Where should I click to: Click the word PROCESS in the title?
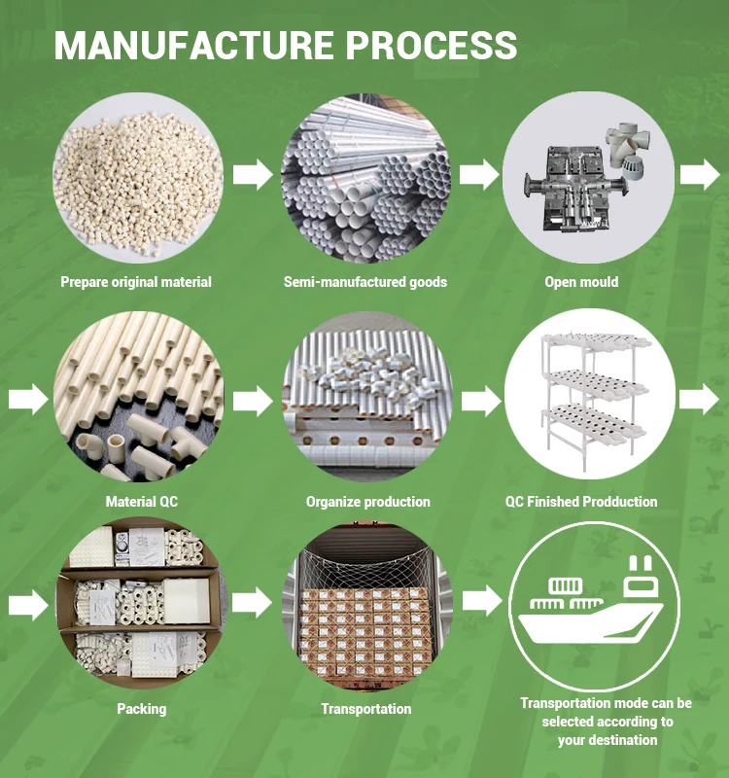point(436,45)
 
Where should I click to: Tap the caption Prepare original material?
point(136,282)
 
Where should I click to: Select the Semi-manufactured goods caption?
point(365,282)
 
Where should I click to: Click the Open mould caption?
point(581,282)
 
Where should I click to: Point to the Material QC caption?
point(142,502)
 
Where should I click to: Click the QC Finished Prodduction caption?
point(581,502)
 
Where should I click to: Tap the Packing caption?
point(141,709)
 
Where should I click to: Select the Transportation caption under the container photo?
point(365,709)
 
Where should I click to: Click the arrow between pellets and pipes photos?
point(253,176)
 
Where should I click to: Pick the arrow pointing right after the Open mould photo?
point(699,176)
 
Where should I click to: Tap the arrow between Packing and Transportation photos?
point(253,602)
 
